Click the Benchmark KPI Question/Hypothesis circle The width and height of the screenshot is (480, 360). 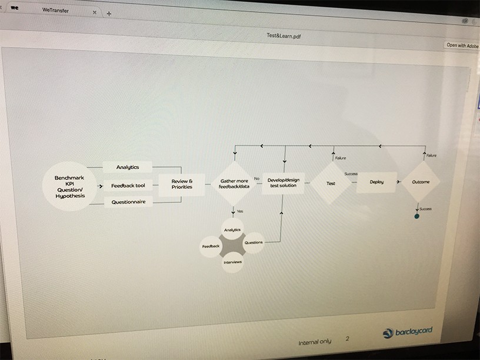coord(70,186)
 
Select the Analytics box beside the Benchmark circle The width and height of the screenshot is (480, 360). coord(127,168)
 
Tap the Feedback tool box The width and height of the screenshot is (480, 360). coord(128,186)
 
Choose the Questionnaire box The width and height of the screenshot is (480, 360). coord(128,202)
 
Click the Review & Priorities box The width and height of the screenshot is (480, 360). coord(182,184)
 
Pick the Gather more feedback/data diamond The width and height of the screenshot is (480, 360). coord(234,183)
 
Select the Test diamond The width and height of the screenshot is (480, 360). coord(331,183)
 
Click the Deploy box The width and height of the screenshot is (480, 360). coord(376,182)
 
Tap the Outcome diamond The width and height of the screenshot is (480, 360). coord(421,182)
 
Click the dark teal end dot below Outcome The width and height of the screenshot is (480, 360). coord(417,216)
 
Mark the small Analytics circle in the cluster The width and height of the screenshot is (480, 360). coord(233,229)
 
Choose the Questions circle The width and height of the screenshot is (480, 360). coord(254,242)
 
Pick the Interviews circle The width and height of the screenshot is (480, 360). coord(232,262)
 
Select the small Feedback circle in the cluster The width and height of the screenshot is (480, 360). coord(211,246)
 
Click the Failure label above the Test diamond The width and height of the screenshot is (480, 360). coord(340,158)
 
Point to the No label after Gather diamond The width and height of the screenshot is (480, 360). coord(256,178)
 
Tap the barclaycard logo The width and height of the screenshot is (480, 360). coord(407,332)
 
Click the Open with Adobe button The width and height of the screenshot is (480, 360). coord(462,45)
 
